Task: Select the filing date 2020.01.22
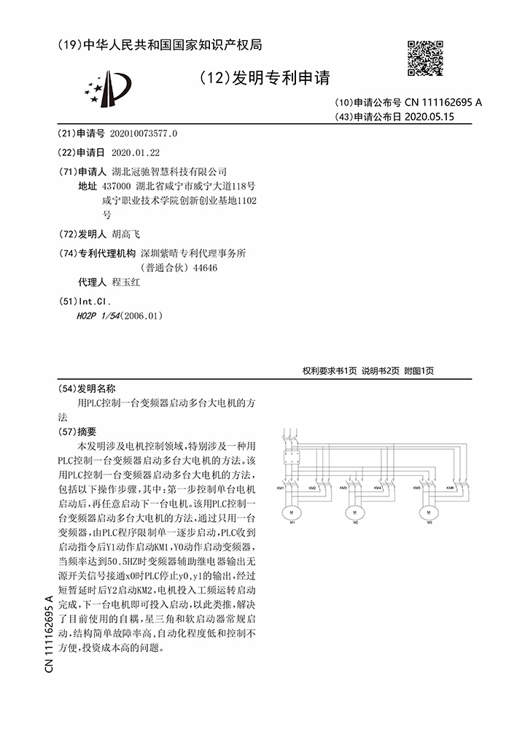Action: [x=135, y=152]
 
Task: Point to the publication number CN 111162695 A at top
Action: [x=443, y=103]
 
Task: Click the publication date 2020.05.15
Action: [x=429, y=116]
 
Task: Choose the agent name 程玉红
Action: [x=125, y=282]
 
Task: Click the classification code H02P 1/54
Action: [x=98, y=316]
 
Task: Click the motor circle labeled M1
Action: [x=292, y=508]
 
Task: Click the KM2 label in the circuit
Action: [x=312, y=488]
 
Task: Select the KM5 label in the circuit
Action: [x=416, y=488]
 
